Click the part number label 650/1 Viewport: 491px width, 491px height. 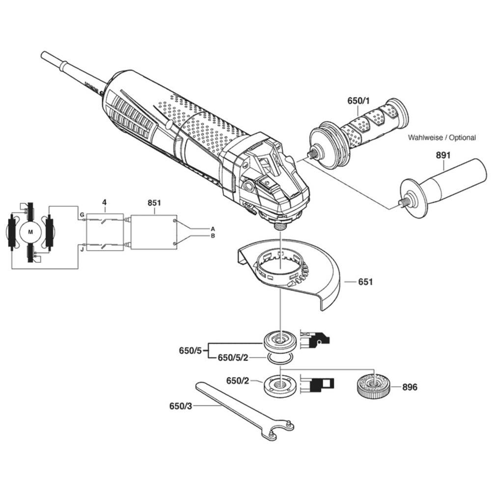point(358,101)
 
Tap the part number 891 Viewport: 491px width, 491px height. point(443,155)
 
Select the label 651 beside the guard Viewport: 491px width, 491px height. point(365,282)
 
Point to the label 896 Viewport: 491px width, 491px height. point(409,387)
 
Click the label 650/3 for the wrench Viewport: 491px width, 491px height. point(181,406)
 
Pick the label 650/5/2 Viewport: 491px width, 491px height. point(233,357)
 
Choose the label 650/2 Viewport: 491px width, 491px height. point(238,381)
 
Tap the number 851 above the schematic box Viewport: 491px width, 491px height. point(154,203)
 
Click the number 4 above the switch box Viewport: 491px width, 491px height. point(105,202)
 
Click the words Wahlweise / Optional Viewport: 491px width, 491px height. point(442,137)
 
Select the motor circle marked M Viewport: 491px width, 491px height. point(30,232)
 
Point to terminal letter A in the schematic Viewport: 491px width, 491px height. point(213,229)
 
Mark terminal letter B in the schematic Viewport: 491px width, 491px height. point(213,236)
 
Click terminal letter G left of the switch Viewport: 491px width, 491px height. point(82,215)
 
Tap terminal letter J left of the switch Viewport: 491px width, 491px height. point(82,249)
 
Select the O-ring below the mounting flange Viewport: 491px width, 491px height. point(280,358)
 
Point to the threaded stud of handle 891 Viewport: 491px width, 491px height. point(405,199)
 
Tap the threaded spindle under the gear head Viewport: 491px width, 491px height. point(281,225)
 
